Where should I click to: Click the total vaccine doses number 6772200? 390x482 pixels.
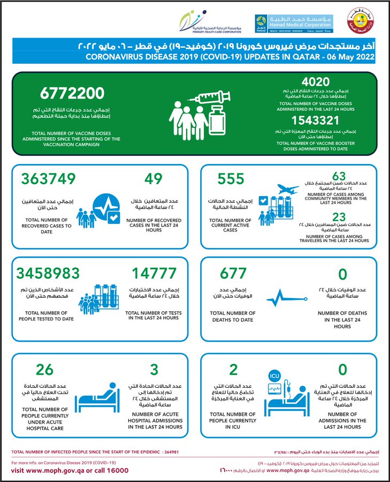[70, 94]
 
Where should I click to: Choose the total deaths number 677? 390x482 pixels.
[232, 273]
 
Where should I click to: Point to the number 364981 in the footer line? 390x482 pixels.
[168, 452]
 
